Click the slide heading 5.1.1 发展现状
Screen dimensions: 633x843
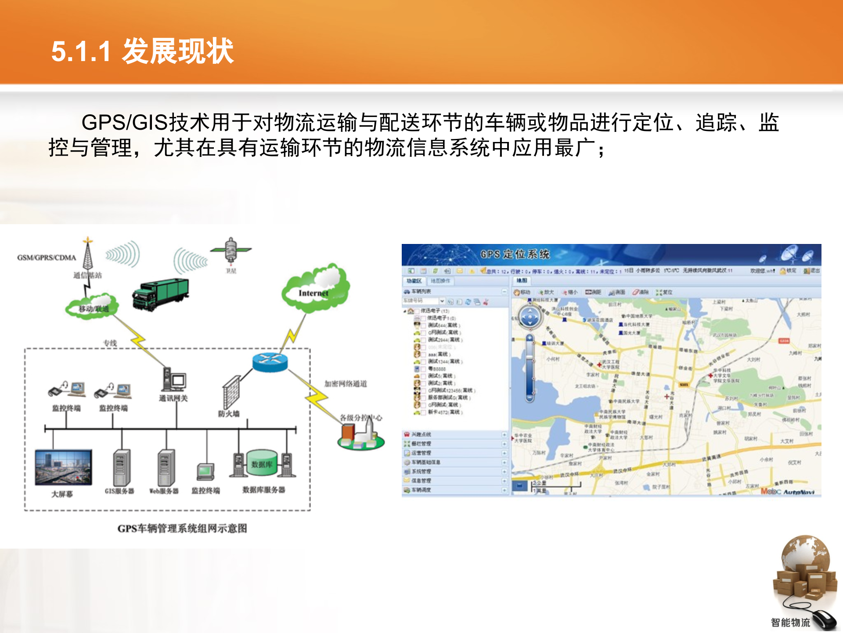[x=143, y=51]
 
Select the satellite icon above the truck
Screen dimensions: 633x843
[x=231, y=251]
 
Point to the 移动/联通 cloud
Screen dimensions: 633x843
[x=93, y=306]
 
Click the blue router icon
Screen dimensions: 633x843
[x=270, y=362]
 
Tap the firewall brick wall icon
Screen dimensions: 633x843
[x=231, y=393]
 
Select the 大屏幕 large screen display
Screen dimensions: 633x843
[x=64, y=467]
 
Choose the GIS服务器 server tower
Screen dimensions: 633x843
[x=121, y=467]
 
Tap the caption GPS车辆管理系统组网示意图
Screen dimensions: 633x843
[x=182, y=528]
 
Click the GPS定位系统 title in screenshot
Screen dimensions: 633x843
[x=515, y=254]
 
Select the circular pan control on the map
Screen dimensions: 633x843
[x=530, y=316]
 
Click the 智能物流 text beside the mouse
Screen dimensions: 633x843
[x=790, y=622]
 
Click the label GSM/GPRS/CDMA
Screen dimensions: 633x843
[x=47, y=258]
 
